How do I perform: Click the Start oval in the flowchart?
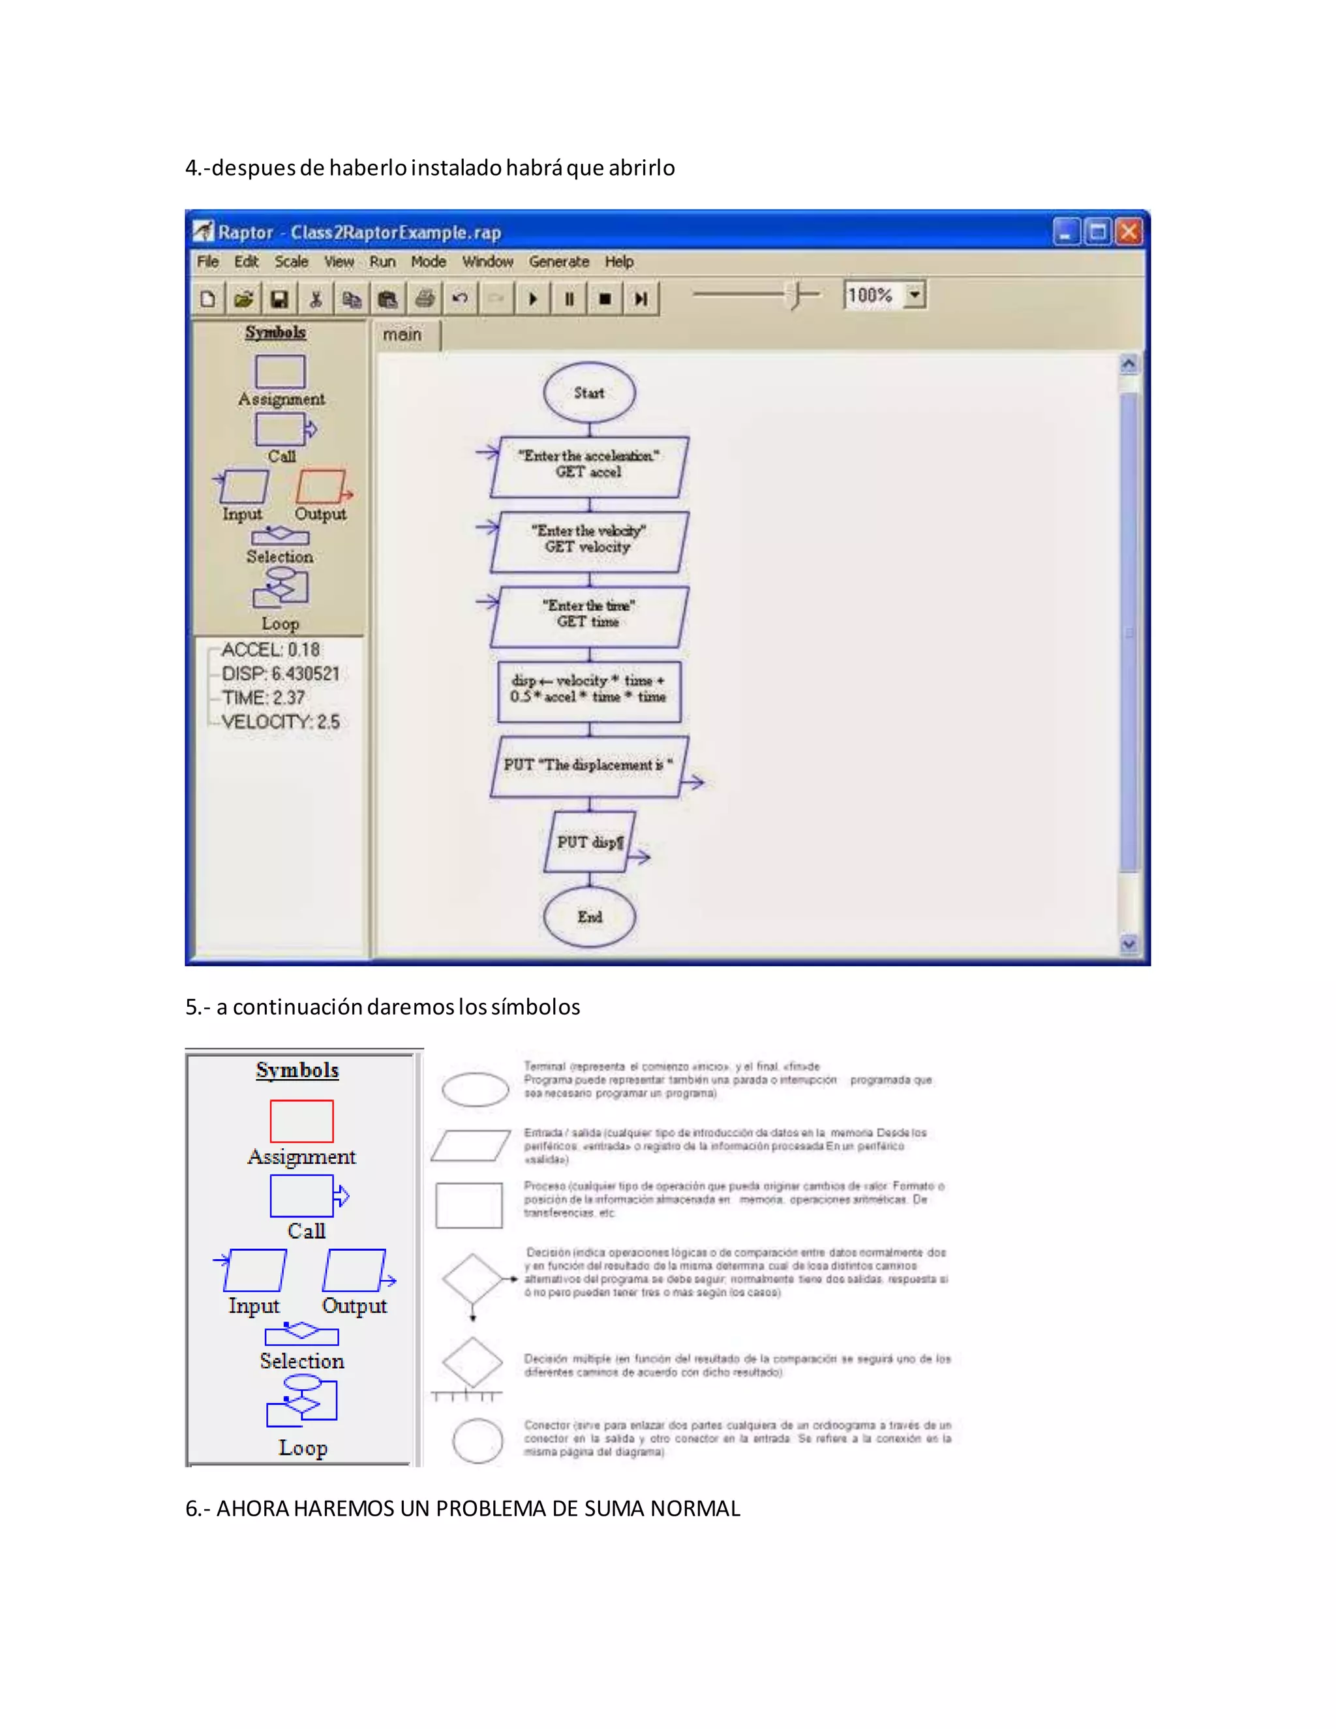589,393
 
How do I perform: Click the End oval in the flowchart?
590,917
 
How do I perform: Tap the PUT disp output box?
590,842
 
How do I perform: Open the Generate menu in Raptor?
559,261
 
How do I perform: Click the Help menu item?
619,261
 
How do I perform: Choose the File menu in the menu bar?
207,261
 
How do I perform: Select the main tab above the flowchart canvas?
402,335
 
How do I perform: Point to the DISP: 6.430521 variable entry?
280,674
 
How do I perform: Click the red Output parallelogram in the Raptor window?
320,486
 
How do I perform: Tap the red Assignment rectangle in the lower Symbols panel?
301,1121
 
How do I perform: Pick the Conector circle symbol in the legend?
478,1441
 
